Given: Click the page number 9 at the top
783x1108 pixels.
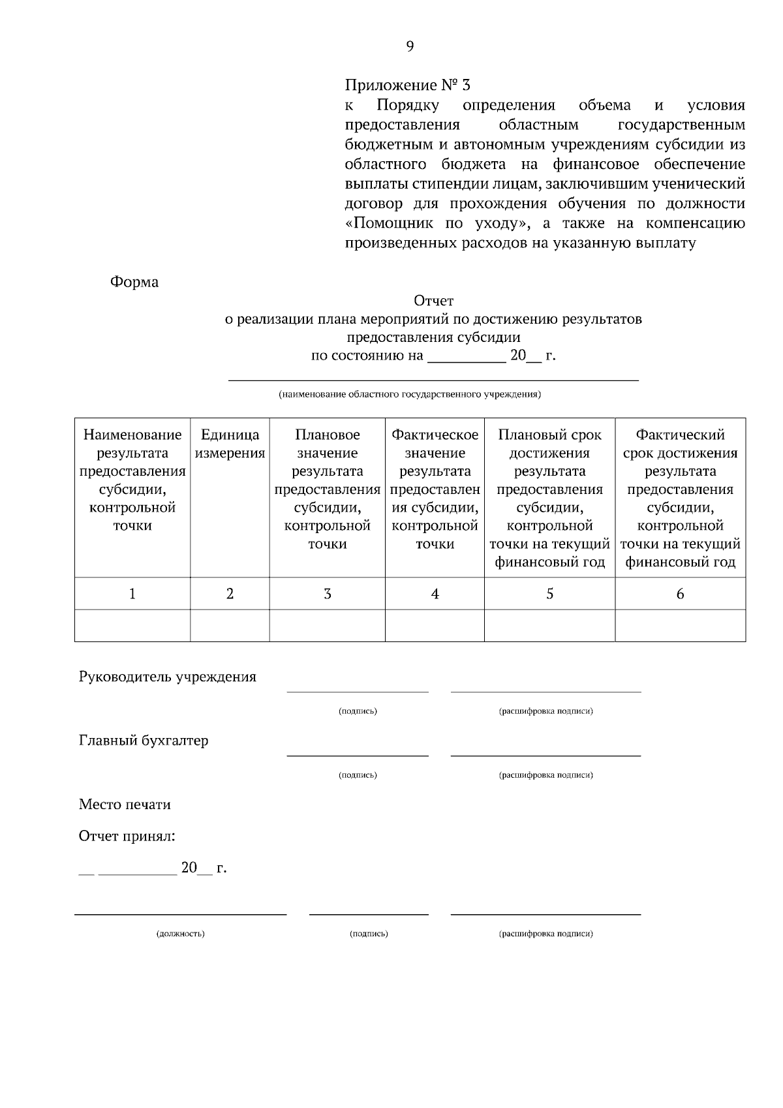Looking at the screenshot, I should coord(410,46).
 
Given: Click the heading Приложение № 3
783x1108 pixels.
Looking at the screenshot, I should coord(407,85).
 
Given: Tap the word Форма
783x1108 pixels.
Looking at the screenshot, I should coord(134,282).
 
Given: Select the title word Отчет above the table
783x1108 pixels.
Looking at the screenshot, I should coord(433,301).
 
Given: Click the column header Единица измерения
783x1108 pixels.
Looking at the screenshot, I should coord(230,444).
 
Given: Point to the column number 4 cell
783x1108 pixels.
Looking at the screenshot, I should coord(435,594).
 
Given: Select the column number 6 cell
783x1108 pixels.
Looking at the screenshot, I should coord(680,594).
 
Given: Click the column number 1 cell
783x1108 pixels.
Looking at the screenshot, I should coord(132,594).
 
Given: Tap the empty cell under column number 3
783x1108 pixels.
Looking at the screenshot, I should coord(327,626).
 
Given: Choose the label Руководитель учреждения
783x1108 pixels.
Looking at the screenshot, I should coord(168,677).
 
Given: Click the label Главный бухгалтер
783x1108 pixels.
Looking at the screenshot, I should coord(144,741).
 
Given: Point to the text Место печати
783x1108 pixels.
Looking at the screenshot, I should coord(125,805).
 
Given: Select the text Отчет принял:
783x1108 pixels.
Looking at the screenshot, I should coord(127,837).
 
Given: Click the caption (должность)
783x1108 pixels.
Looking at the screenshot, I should coord(181,934).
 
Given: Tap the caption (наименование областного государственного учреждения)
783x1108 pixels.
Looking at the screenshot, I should coord(410,395).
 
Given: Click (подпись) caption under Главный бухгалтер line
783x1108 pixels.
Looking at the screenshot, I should coord(358,775).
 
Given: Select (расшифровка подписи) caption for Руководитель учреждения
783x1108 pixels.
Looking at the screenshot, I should coord(545,711).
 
